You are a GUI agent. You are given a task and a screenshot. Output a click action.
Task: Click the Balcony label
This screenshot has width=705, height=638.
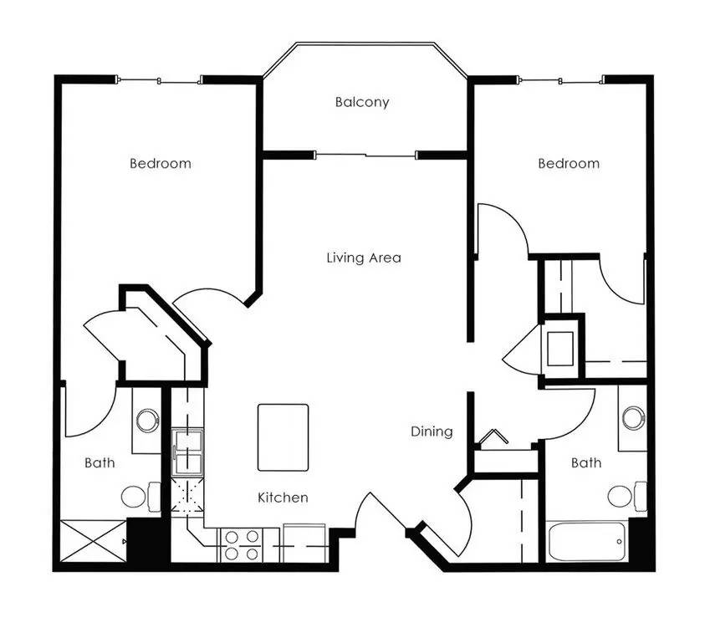(362, 103)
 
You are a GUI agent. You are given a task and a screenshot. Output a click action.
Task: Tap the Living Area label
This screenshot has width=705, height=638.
(363, 258)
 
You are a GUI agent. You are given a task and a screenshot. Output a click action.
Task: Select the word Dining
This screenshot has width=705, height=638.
(432, 431)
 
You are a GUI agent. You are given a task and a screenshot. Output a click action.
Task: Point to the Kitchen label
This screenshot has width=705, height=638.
(283, 498)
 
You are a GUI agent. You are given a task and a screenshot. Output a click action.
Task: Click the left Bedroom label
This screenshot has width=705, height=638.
(160, 163)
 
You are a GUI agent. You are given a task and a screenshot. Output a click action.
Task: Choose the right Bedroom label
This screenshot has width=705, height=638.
(568, 163)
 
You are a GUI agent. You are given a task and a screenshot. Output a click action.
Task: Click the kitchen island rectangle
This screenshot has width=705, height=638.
(283, 437)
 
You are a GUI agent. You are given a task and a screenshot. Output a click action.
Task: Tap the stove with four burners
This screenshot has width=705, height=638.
(241, 544)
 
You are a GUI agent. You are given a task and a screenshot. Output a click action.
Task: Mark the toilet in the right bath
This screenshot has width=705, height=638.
(623, 497)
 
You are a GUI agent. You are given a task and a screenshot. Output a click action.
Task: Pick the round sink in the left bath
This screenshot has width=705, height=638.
(148, 420)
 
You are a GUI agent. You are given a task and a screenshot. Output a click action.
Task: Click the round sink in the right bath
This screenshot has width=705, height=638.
(633, 417)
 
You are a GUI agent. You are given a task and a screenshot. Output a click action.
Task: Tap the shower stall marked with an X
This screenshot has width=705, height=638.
(92, 543)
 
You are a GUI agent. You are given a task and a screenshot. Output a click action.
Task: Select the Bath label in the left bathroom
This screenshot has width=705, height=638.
(100, 462)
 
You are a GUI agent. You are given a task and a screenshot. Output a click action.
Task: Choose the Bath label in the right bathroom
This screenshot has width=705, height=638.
(585, 462)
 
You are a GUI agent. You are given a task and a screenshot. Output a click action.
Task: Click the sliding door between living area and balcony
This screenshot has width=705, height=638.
(365, 155)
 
